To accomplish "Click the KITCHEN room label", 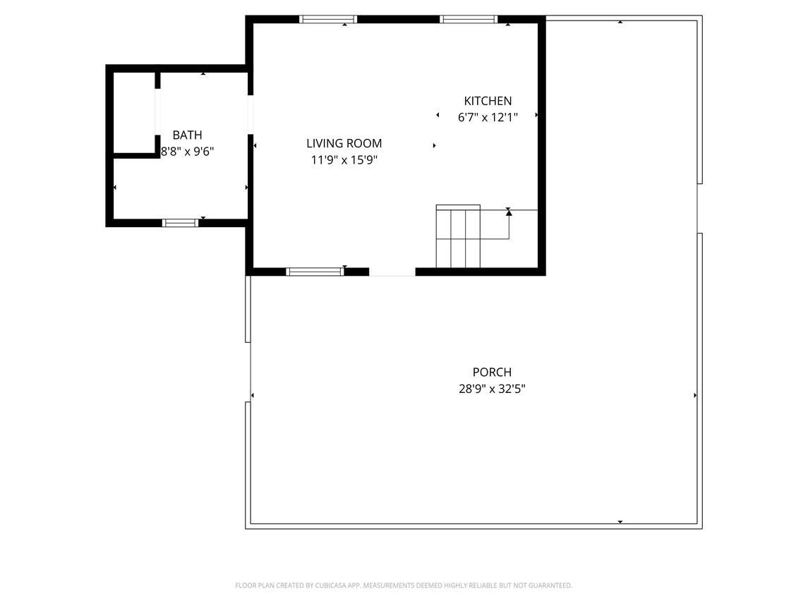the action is coord(488,101).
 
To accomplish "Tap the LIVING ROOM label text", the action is coord(344,143).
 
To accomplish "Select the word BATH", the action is coord(187,135).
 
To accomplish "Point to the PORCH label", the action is coord(492,372).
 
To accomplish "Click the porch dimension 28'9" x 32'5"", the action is coord(492,389).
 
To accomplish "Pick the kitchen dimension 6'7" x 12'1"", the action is coord(488,118).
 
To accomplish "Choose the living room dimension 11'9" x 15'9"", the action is coord(344,159).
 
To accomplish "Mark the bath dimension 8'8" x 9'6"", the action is coord(188,152).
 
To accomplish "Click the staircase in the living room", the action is coord(458,236).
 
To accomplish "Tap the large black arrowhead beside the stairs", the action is coord(509,212).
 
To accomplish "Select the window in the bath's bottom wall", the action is coord(181,223).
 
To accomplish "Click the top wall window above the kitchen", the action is coord(469,20).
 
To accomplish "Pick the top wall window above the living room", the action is coord(328,20).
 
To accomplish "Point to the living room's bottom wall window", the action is coord(315,272).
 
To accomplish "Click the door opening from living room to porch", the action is coord(392,272).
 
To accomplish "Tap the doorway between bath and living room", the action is coord(251,115).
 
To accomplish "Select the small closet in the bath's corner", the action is coord(134,113).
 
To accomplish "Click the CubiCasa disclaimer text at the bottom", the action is coord(404,586).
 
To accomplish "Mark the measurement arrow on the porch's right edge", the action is coord(695,395).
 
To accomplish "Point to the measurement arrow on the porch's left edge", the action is coord(252,395).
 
